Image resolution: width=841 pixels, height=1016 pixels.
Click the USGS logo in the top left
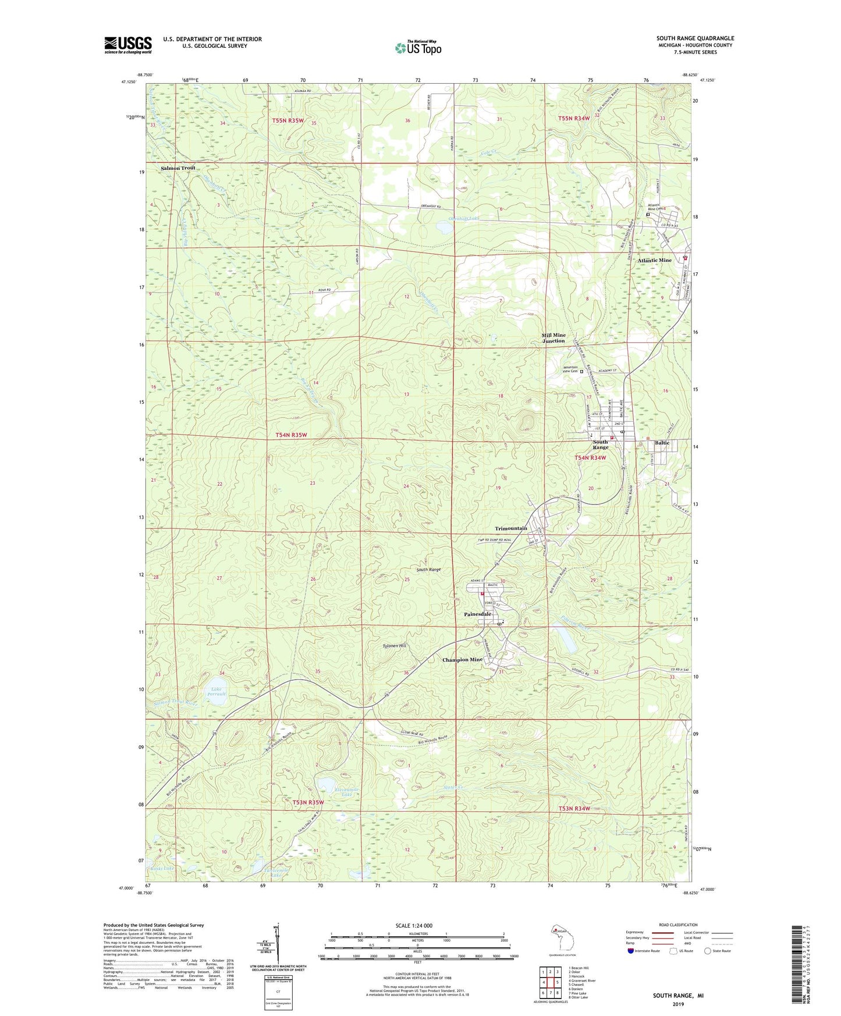[127, 45]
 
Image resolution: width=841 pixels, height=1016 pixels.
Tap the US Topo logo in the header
[418, 48]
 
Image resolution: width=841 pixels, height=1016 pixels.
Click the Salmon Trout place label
[178, 168]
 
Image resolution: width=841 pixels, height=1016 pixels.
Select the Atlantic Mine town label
[654, 260]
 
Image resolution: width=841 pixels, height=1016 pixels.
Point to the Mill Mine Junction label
[553, 338]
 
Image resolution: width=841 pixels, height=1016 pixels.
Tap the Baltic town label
[662, 443]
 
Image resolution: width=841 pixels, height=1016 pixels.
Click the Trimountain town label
[511, 528]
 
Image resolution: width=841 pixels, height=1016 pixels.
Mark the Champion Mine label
[462, 660]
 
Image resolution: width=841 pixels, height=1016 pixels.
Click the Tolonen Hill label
[394, 646]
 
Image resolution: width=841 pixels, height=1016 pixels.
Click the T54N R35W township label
[291, 435]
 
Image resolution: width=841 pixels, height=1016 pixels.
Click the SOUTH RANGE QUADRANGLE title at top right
[695, 38]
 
